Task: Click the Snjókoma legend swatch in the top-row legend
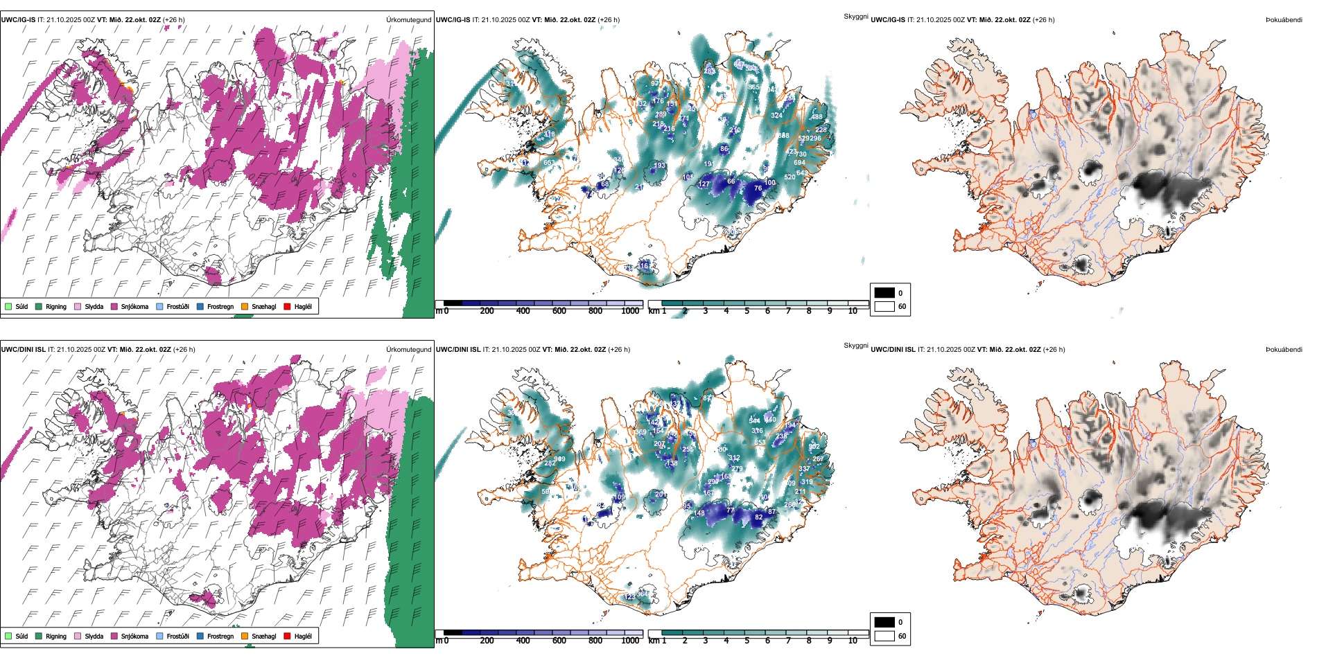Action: pos(114,306)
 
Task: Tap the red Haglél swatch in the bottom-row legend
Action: pos(288,636)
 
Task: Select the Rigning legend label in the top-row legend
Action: pos(56,307)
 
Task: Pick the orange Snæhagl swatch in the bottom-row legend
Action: pos(245,636)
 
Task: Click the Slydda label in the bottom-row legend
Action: pos(94,637)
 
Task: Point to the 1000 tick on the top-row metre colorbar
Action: pos(630,311)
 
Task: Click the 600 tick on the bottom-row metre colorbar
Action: pos(559,641)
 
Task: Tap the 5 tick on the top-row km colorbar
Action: pos(747,311)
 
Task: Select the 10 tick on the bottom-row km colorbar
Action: pos(853,641)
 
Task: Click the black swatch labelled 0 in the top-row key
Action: pos(884,293)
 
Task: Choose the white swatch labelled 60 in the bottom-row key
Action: pos(884,636)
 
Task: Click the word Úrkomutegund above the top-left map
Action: pos(408,20)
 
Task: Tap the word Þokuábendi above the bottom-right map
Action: pos(1284,350)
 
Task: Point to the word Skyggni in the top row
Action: pos(855,16)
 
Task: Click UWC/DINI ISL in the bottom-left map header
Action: pos(23,350)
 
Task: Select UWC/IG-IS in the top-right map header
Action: pos(888,20)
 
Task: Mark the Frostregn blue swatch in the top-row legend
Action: pos(200,306)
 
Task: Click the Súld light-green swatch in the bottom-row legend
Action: pos(8,636)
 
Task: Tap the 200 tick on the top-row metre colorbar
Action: pos(487,311)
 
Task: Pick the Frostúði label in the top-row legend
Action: pos(177,307)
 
